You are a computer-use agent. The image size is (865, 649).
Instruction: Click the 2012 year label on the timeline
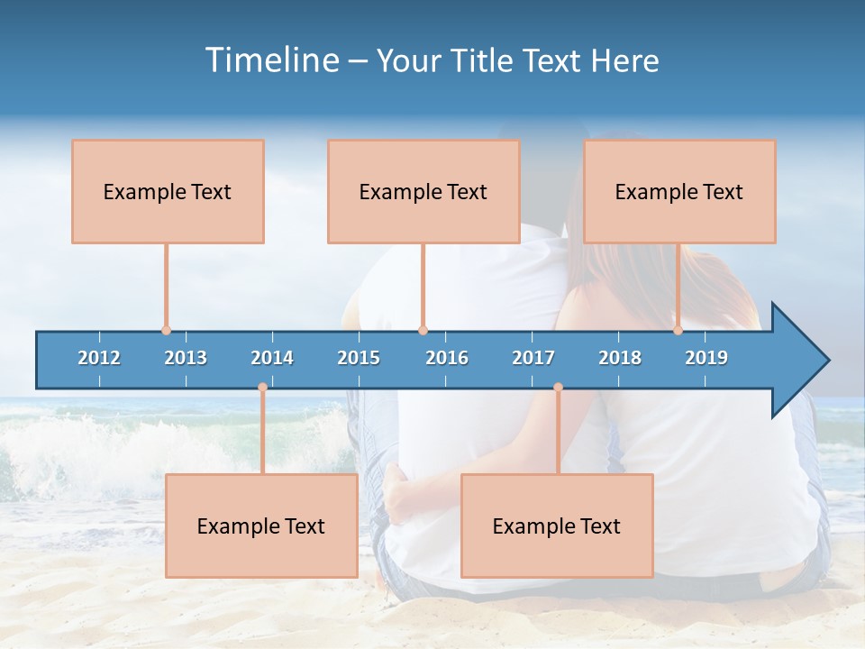[99, 358]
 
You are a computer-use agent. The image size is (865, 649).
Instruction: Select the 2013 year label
[186, 358]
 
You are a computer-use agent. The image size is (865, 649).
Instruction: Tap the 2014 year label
[272, 358]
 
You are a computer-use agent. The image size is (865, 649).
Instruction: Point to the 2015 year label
[359, 358]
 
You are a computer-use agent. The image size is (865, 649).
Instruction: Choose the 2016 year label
[447, 358]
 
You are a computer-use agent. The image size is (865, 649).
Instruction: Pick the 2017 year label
[533, 358]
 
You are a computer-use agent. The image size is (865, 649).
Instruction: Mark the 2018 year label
[620, 358]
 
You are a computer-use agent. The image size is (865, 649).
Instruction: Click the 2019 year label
[706, 358]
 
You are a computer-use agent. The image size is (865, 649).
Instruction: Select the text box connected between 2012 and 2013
[168, 191]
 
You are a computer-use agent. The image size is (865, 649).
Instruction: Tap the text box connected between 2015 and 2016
[423, 191]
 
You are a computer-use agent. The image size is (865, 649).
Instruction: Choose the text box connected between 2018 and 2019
[679, 191]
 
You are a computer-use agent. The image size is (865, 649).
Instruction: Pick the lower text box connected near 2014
[261, 526]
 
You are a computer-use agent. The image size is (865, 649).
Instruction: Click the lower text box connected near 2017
[557, 526]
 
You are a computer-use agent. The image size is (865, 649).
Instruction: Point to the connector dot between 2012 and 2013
[166, 330]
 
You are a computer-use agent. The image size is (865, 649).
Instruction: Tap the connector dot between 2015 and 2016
[423, 330]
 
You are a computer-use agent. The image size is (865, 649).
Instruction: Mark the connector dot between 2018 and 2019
[678, 330]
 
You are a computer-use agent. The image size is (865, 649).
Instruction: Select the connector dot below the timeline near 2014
[262, 388]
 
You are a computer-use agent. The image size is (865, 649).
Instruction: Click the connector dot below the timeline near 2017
[558, 388]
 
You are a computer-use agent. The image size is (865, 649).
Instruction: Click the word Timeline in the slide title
[271, 60]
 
